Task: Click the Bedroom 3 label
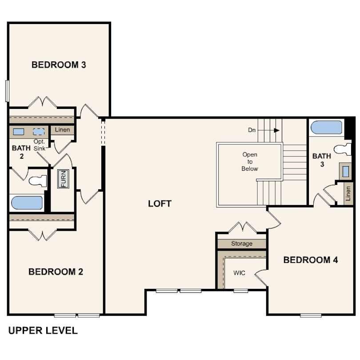(59, 65)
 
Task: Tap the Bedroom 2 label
(56, 272)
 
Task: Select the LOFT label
(160, 204)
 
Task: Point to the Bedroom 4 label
(310, 260)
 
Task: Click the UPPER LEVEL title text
(43, 331)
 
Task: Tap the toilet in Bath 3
(342, 149)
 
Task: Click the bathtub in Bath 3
(326, 127)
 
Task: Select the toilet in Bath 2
(38, 181)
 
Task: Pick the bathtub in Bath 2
(27, 203)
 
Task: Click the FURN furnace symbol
(63, 179)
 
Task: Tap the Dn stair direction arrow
(268, 130)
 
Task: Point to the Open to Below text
(250, 162)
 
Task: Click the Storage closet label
(242, 244)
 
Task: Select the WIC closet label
(239, 273)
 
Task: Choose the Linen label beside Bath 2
(63, 130)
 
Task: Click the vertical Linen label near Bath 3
(348, 193)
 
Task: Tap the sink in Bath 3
(345, 171)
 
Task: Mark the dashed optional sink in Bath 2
(39, 132)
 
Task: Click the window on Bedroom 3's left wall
(7, 91)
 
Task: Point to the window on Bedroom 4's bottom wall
(311, 316)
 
